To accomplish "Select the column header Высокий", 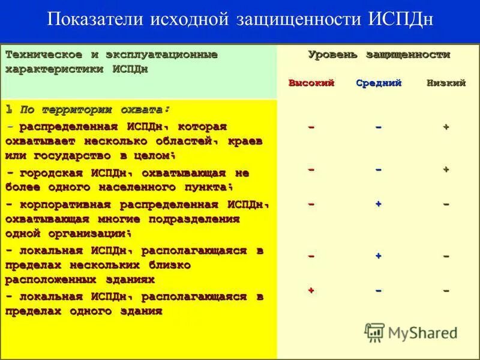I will tap(311, 83).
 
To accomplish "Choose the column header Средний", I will tap(379, 83).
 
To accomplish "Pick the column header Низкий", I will tap(446, 83).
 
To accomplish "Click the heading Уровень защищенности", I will tap(379, 55).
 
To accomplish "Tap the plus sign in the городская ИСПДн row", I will tap(446, 170).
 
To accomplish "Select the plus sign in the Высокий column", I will tap(311, 290).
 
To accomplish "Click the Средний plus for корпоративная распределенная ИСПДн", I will tap(379, 204).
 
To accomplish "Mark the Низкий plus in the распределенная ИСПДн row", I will tap(446, 127).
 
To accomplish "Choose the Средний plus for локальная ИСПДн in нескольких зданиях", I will tap(379, 256).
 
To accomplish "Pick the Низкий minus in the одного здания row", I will tap(446, 290).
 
